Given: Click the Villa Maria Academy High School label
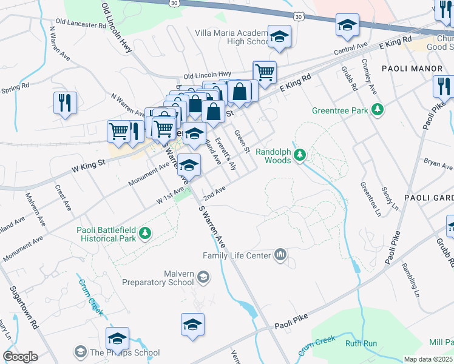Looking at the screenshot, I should click(231, 37).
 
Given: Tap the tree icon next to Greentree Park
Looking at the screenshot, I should click(378, 109).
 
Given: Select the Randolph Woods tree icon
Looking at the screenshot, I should click(299, 157).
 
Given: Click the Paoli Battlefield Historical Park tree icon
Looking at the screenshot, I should click(144, 233).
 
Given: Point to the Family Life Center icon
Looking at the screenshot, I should click(280, 254).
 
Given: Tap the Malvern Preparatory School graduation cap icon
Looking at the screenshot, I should click(203, 278).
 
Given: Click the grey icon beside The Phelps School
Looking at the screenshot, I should click(80, 352).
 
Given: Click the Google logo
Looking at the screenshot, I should click(20, 357).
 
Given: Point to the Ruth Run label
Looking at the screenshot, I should click(361, 343).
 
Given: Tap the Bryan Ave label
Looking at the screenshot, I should click(438, 164).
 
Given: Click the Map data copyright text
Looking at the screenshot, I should click(428, 359).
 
